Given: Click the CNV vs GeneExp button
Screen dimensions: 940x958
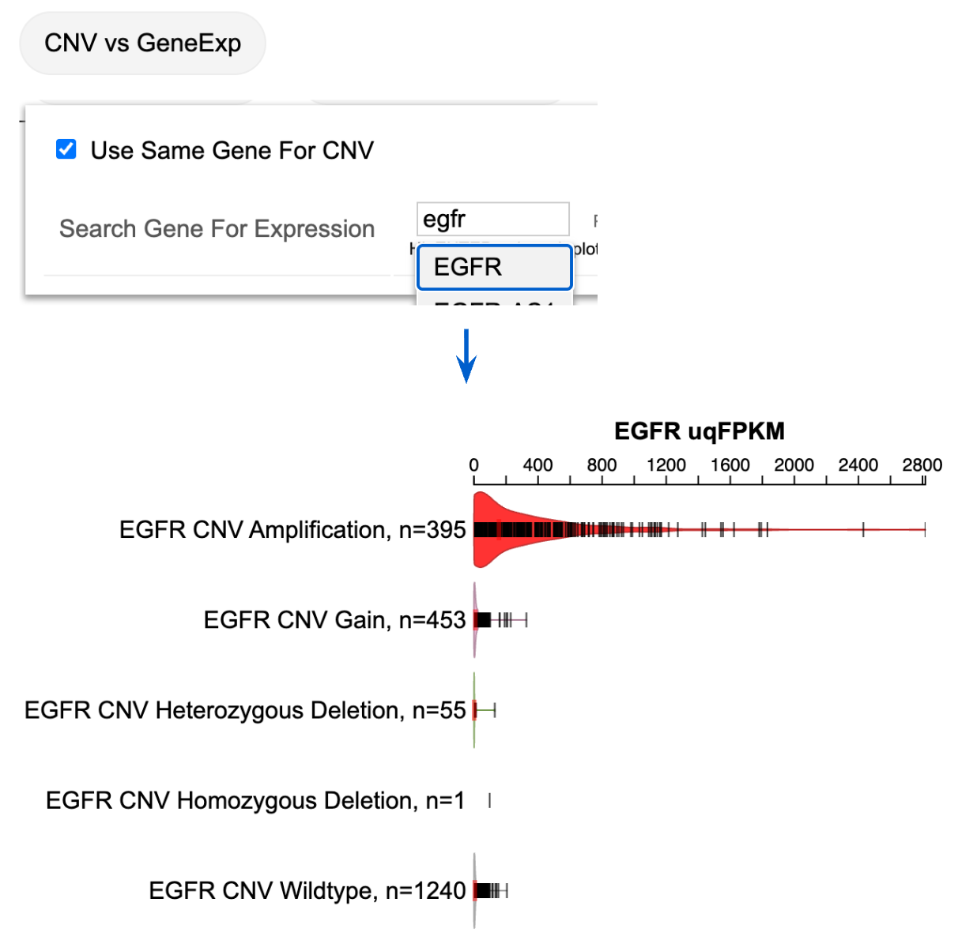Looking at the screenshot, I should point(142,43).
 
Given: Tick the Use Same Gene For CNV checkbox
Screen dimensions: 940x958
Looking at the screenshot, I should point(66,149).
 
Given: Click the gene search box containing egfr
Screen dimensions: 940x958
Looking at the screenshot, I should point(492,219).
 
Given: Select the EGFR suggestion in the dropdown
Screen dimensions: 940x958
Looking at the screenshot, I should point(494,267).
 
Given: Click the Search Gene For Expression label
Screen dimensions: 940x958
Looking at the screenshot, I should point(217,228).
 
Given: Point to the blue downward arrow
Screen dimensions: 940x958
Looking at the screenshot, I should point(466,356).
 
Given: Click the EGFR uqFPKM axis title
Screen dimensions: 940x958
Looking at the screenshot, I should point(699,431).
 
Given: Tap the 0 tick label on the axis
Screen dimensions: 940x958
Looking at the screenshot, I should point(473,464).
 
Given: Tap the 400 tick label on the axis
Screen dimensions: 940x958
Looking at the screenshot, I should point(537,464).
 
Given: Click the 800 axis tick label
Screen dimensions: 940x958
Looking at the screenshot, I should point(602,464).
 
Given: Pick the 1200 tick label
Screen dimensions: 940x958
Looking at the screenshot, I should point(666,464).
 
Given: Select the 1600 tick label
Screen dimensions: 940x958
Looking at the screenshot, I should point(730,464).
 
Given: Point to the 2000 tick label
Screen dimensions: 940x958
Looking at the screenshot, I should point(794,464).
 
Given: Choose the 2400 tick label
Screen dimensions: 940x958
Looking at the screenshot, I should point(858,464).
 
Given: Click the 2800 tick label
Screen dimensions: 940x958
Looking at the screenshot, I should point(922,464).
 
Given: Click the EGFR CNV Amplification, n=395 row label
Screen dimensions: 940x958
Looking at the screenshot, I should point(292,529).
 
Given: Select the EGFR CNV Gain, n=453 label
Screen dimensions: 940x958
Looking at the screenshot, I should point(334,619).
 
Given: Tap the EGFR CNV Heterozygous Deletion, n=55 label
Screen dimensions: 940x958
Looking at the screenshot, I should point(245,710).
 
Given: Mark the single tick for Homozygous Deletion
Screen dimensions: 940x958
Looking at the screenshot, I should point(490,800).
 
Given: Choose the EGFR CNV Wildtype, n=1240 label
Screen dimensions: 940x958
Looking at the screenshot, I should point(307,890).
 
